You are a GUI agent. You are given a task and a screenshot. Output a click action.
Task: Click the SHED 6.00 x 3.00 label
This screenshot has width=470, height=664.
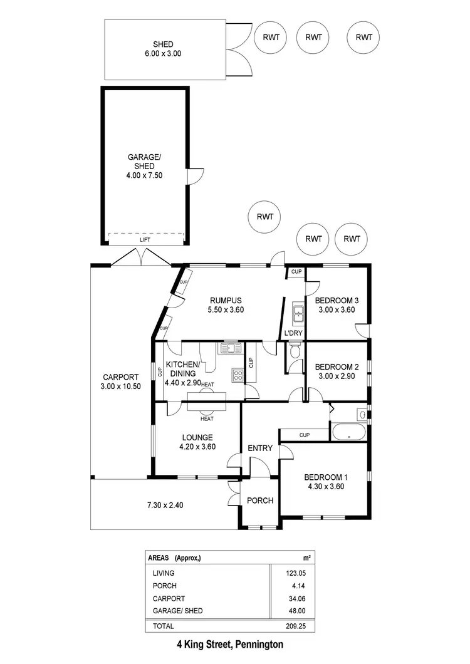pos(164,49)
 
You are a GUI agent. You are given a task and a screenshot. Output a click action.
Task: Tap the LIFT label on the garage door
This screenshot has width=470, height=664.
pos(145,240)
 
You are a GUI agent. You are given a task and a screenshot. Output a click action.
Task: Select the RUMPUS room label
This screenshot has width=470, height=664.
pos(226,300)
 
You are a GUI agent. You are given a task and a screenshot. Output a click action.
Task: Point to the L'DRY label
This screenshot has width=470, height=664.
pos(293,333)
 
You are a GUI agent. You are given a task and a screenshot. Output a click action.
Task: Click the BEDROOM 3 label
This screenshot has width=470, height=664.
pos(336,300)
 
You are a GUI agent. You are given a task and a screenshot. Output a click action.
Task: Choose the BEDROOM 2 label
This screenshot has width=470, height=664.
pos(336,367)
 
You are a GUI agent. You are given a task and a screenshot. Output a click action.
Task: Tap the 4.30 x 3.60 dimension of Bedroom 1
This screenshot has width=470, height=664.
pos(326,486)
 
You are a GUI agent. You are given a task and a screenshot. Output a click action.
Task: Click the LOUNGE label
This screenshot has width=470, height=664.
pos(198,437)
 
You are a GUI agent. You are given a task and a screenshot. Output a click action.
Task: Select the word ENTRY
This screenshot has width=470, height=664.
pos(260,448)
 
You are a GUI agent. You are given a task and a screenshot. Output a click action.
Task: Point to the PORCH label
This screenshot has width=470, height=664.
pos(260,501)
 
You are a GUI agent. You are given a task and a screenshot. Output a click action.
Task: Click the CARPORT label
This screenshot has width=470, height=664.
pos(120,377)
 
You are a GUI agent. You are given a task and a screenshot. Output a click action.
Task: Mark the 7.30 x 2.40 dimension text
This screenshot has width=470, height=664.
pos(160,504)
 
